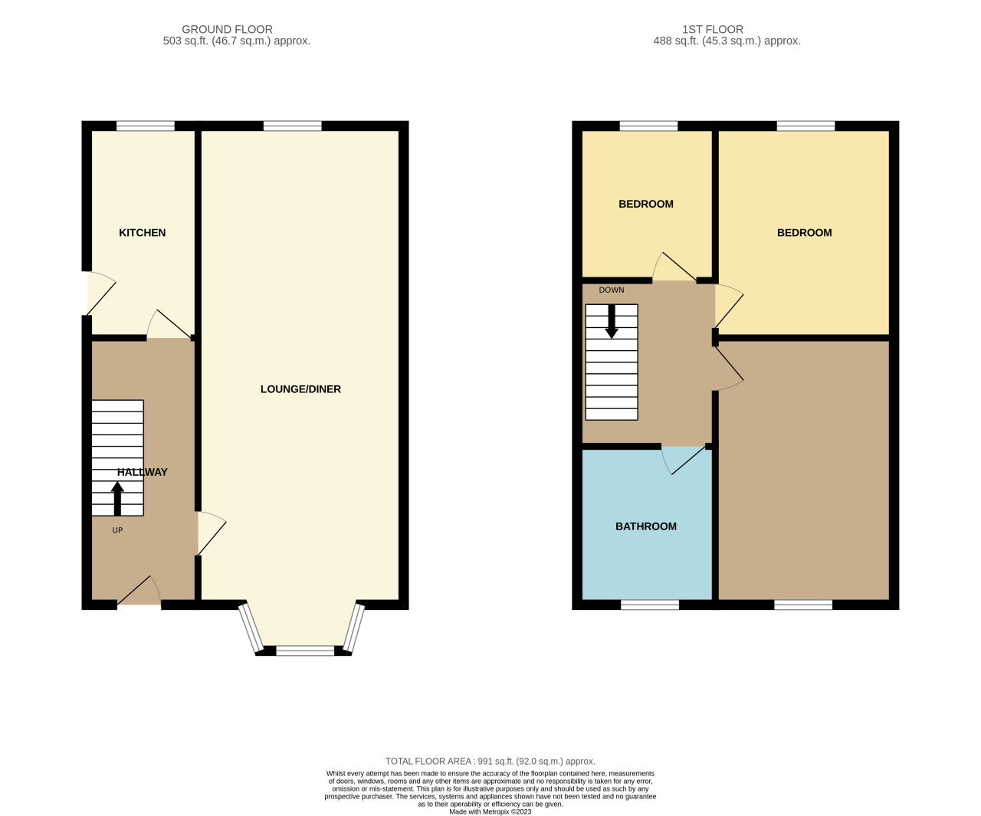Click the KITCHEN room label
(x=142, y=232)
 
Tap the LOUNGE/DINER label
(x=300, y=389)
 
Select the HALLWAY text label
(x=143, y=472)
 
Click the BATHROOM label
(x=646, y=526)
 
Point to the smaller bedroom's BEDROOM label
(x=646, y=204)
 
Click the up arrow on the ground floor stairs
(x=117, y=497)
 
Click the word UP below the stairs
(x=117, y=530)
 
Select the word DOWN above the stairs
(x=612, y=290)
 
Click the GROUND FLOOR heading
(x=227, y=29)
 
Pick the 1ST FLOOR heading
(x=713, y=29)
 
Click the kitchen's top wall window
(x=146, y=126)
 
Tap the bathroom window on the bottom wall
(x=650, y=605)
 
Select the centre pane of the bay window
(x=305, y=651)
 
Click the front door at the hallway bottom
(x=139, y=594)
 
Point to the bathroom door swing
(x=682, y=460)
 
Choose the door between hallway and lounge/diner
(x=210, y=533)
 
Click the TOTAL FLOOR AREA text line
(x=490, y=761)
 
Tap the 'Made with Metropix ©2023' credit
(x=490, y=811)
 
